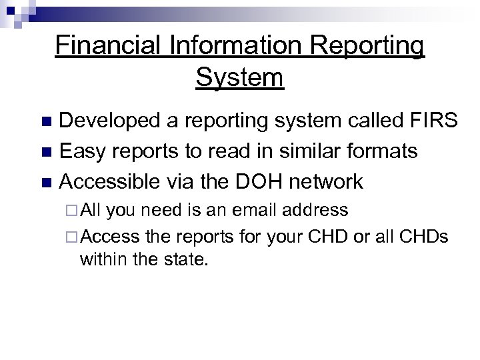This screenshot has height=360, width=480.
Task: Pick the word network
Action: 329,181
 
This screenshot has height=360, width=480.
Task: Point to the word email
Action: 249,210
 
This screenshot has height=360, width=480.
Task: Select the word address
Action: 315,210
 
